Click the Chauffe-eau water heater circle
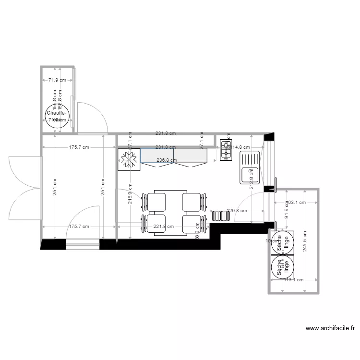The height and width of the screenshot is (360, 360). tap(58, 117)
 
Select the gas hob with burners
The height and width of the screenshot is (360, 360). tap(226, 150)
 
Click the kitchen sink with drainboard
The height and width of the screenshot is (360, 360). tap(250, 168)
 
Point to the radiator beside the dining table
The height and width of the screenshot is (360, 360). tap(221, 216)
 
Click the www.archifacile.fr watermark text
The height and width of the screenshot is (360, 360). tap(330, 329)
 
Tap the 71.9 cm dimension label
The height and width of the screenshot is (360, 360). tap(57, 80)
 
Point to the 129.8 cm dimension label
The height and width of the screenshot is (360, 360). tap(237, 211)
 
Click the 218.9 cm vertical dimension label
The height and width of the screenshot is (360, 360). tap(130, 195)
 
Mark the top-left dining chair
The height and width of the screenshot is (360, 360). tap(156, 201)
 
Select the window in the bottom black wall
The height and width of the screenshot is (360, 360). tap(82, 246)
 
